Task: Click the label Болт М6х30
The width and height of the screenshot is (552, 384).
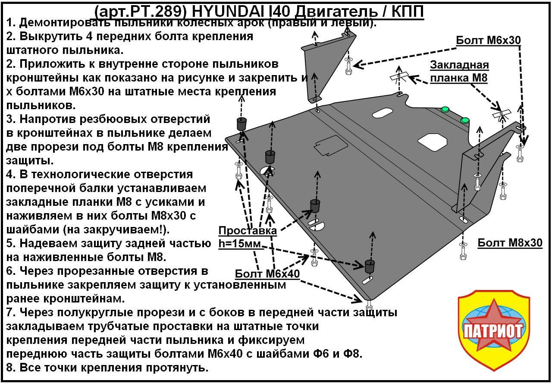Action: pyautogui.click(x=489, y=40)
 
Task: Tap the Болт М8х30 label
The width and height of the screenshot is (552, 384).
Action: pyautogui.click(x=510, y=243)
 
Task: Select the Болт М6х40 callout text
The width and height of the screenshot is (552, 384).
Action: pyautogui.click(x=267, y=274)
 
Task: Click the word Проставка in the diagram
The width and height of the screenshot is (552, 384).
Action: pyautogui.click(x=248, y=230)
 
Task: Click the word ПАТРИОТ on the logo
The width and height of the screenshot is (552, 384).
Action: pyautogui.click(x=493, y=331)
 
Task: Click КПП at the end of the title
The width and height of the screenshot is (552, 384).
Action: pyautogui.click(x=408, y=11)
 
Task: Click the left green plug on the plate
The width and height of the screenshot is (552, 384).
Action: pyautogui.click(x=445, y=110)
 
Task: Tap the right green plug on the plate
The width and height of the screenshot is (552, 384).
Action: pyautogui.click(x=464, y=120)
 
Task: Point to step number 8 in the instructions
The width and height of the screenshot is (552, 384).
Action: pyautogui.click(x=10, y=368)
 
